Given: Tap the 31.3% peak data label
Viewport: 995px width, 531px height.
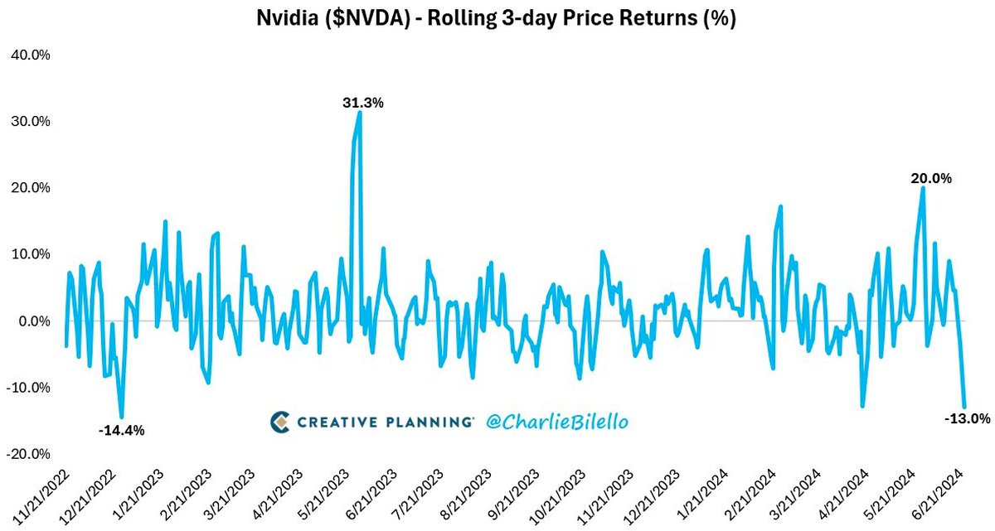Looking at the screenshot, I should tap(363, 103).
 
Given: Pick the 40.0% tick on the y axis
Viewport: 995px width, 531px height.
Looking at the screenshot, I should tap(30, 55).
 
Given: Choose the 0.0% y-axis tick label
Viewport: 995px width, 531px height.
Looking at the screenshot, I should tap(32, 321).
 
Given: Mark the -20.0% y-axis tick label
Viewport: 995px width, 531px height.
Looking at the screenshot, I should tap(30, 454).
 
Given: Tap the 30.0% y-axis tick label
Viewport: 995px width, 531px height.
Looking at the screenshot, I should tap(30, 121).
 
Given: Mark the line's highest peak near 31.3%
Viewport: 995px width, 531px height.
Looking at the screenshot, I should tap(360, 112).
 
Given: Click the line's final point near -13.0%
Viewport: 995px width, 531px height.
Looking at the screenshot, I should tap(964, 407).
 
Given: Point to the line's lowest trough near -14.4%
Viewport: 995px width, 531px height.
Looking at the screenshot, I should tap(122, 417).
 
